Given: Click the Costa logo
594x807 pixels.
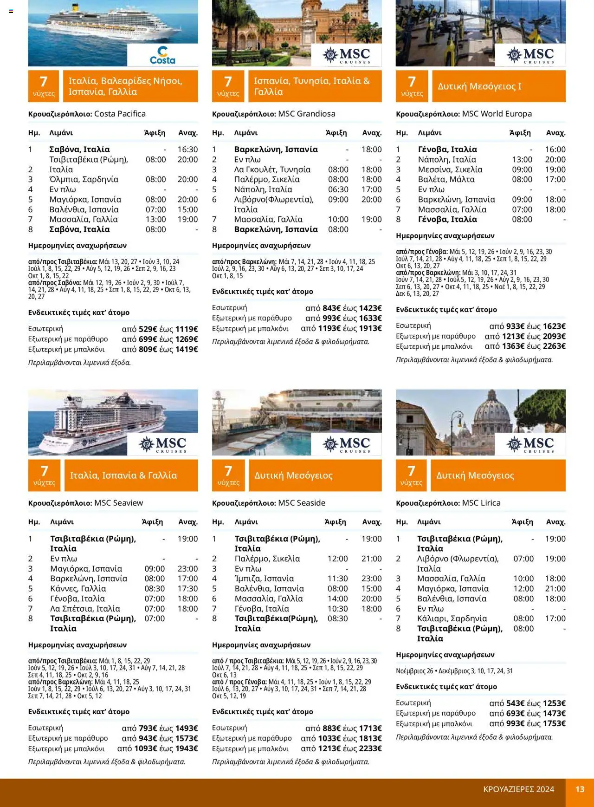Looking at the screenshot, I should tap(162, 55).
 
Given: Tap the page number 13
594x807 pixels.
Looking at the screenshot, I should tap(580, 789).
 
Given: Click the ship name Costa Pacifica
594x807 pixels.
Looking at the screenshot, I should tap(120, 114).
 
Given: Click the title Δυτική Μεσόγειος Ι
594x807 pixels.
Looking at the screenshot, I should tap(479, 86).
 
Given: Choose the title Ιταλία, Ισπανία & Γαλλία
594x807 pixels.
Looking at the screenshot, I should tap(123, 475).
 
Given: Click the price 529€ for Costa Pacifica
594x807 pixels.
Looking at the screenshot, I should tap(147, 329).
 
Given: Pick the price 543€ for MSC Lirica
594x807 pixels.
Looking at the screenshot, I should tap(515, 703).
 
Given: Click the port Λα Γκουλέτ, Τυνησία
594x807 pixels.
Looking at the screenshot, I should tap(272, 169).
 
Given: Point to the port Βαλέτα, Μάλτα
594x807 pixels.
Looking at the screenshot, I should tap(446, 179).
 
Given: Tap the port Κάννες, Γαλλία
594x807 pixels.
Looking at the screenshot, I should tap(78, 588).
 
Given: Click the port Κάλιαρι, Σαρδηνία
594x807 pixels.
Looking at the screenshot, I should tap(452, 618).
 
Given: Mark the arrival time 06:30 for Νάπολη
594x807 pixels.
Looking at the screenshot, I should tap(338, 189).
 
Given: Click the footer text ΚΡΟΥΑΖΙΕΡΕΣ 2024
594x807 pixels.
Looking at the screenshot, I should tap(518, 789).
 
